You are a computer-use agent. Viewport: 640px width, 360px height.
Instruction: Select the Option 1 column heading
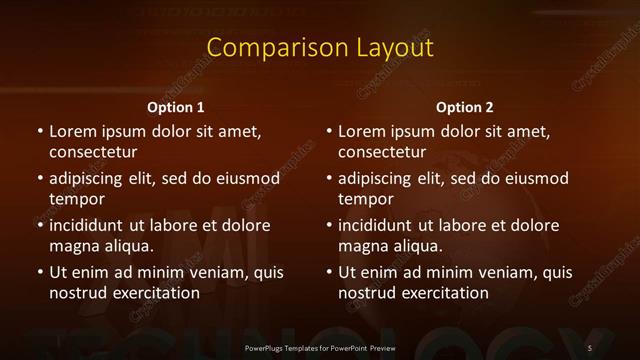click(176, 107)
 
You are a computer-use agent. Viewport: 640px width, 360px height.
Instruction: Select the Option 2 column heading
click(465, 107)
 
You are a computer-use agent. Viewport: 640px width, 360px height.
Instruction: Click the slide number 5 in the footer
click(590, 347)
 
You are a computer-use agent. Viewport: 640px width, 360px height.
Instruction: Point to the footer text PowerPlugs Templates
click(290, 347)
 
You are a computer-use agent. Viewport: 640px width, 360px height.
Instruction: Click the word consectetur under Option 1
click(93, 153)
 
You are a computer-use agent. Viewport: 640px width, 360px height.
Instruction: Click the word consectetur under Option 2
click(382, 153)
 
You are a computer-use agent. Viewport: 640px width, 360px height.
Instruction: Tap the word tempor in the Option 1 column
click(77, 199)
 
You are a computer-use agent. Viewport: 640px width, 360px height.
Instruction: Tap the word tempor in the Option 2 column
click(366, 199)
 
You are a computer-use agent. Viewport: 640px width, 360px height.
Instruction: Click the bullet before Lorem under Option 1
click(39, 132)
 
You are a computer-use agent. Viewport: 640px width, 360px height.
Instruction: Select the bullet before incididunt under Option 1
click(39, 226)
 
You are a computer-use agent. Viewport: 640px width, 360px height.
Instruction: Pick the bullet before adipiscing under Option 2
click(328, 179)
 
